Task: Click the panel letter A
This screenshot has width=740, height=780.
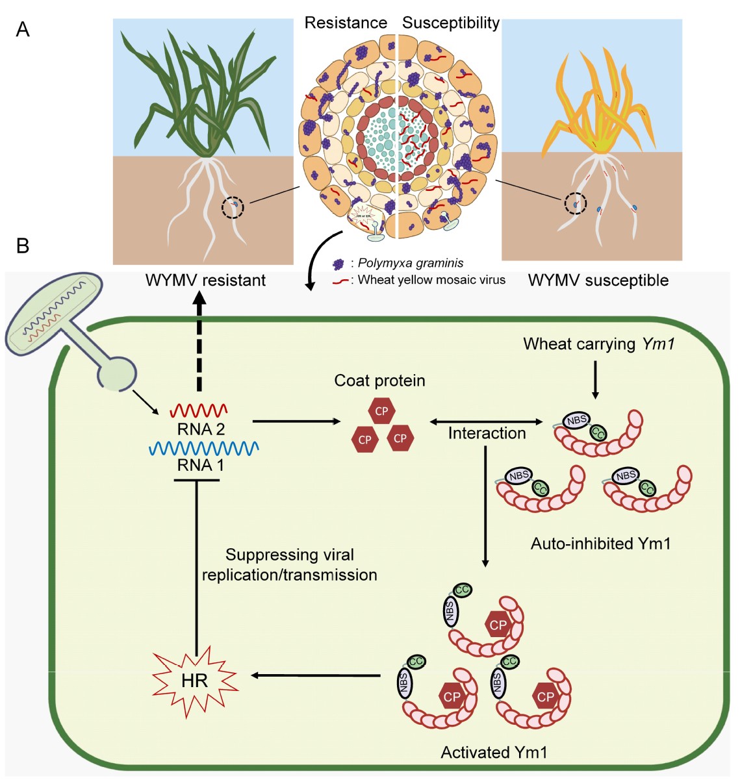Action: (x=23, y=29)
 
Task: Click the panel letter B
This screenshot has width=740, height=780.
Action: (x=23, y=246)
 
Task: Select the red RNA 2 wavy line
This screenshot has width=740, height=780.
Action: (x=199, y=410)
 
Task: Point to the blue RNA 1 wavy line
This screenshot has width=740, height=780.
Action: (x=205, y=448)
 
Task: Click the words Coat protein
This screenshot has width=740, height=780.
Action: (x=379, y=381)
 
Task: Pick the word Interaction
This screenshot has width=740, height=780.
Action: (x=487, y=433)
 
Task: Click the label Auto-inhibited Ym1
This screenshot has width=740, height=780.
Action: (x=600, y=543)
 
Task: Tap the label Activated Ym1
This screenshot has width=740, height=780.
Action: (x=494, y=753)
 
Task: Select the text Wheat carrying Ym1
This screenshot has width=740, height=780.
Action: (x=599, y=344)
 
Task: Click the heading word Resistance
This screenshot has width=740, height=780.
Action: (x=346, y=23)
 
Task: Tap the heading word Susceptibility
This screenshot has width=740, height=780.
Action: (x=450, y=23)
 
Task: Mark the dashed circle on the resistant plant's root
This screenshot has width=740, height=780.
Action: (x=233, y=208)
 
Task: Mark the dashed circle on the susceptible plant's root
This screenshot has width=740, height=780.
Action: (x=575, y=204)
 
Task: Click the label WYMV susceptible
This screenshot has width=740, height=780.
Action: (x=598, y=281)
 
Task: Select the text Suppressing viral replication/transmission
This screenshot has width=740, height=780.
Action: (x=290, y=564)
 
